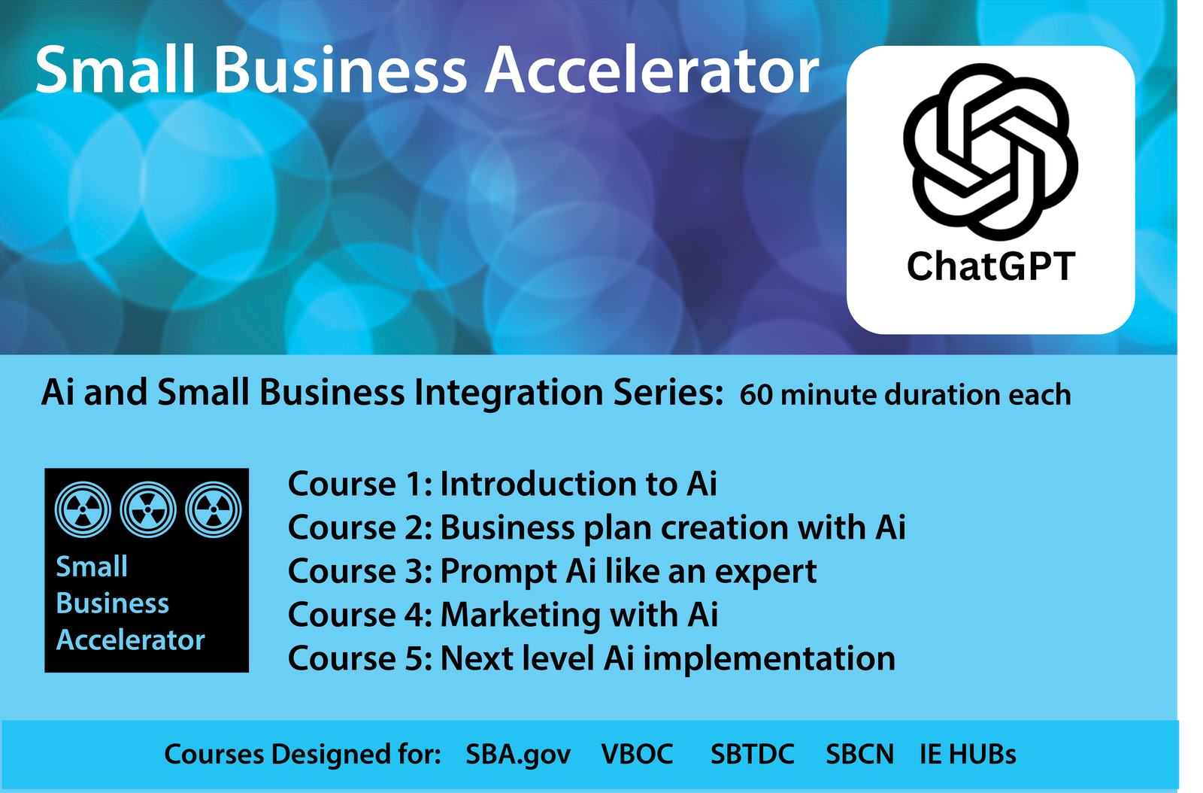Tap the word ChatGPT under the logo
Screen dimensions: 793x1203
click(x=990, y=267)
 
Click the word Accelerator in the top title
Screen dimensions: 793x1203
click(x=652, y=70)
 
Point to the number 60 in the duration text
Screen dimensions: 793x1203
click(x=756, y=395)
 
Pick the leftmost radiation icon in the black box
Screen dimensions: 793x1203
click(x=83, y=510)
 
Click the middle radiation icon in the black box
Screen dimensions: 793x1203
click(x=148, y=510)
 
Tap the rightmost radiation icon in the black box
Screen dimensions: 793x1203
click(x=214, y=510)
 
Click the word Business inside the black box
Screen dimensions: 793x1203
click(x=113, y=603)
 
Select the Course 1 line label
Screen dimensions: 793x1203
click(x=359, y=484)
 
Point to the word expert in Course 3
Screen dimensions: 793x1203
click(x=765, y=573)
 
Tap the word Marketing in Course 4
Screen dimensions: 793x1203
click(x=520, y=615)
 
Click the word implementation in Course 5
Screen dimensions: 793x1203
click(x=768, y=659)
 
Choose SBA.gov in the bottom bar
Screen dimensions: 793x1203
click(x=518, y=755)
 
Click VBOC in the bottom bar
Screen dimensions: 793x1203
click(x=637, y=755)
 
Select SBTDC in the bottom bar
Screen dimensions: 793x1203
click(x=752, y=755)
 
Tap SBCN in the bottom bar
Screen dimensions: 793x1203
click(x=859, y=755)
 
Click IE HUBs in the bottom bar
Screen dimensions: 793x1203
click(x=968, y=755)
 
